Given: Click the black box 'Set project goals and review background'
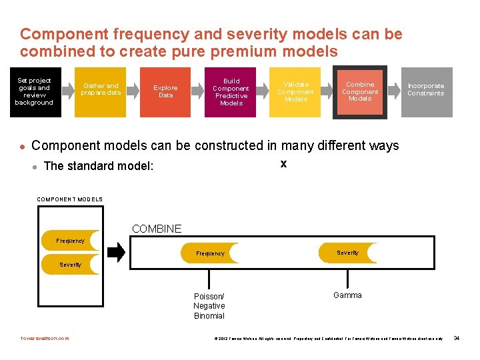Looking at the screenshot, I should [x=35, y=92].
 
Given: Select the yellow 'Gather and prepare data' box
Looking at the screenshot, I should [x=100, y=92].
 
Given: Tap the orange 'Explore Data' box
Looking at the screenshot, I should [x=165, y=92].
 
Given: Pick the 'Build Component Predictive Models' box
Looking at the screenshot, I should [x=231, y=92].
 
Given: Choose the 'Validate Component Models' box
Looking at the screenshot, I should [x=295, y=92].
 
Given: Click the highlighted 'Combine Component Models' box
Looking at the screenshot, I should [x=360, y=92].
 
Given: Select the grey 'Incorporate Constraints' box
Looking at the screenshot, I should [x=426, y=92].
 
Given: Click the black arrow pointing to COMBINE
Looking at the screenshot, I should [x=116, y=252].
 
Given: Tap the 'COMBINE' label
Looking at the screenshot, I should [x=157, y=229].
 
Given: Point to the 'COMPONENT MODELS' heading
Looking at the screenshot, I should [x=70, y=199].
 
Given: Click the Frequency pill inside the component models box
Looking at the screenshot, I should [x=71, y=241].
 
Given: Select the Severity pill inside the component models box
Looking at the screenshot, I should [x=71, y=265].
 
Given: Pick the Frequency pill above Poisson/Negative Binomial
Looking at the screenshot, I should [x=211, y=253].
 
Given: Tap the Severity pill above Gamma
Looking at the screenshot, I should [x=348, y=253].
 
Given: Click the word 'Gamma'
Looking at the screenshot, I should [x=347, y=295].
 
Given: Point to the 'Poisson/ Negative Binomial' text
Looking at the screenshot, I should [x=209, y=306].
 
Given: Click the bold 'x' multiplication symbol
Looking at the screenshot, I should [x=283, y=163].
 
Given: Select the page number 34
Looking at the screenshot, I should [x=457, y=339].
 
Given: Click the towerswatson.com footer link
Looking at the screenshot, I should [x=45, y=339].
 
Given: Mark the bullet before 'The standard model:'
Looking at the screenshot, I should [x=34, y=166].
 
